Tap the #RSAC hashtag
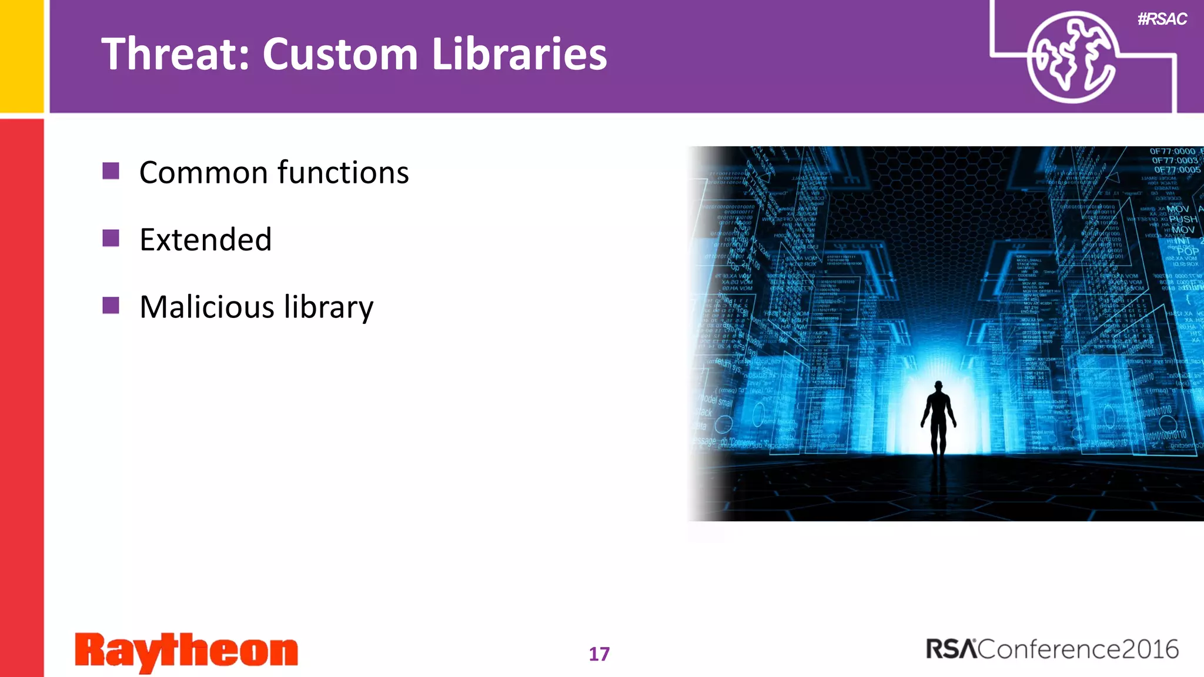[1162, 19]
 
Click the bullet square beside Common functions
[111, 171]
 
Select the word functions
[343, 173]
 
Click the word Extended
[205, 240]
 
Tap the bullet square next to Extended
[111, 238]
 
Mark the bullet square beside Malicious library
[111, 306]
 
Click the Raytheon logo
[186, 652]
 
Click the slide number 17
[599, 654]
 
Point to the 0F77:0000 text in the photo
[1172, 152]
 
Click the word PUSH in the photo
[1183, 219]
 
